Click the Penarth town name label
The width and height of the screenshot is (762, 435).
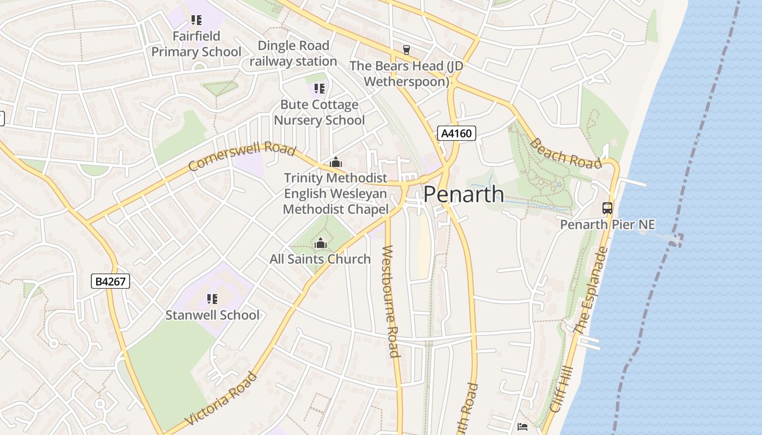coord(464,195)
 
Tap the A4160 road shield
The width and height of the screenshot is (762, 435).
coord(457,133)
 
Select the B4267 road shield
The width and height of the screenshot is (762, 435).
coord(110,281)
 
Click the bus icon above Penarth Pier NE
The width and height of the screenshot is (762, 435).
coord(607,208)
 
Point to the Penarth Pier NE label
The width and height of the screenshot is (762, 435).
coord(607,225)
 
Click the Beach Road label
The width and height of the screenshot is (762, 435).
coord(566,153)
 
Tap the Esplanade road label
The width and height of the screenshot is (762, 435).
coord(590,291)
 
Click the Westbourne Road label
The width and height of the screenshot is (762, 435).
coord(391,301)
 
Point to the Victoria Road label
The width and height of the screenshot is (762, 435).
coord(221,399)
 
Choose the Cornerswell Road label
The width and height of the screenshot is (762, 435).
coord(242,157)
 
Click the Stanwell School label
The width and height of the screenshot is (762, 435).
coord(212,315)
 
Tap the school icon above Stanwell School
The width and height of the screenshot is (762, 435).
coord(212,299)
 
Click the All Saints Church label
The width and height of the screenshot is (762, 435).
coord(320,259)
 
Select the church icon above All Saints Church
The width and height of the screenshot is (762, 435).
coord(321,243)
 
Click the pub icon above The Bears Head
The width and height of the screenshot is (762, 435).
coord(406,50)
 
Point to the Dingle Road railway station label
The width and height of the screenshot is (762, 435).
coord(293,53)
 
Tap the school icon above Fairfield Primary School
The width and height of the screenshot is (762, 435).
coord(196,21)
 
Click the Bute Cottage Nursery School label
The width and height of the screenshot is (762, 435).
coord(319,112)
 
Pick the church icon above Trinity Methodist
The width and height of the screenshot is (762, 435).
coord(336,162)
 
